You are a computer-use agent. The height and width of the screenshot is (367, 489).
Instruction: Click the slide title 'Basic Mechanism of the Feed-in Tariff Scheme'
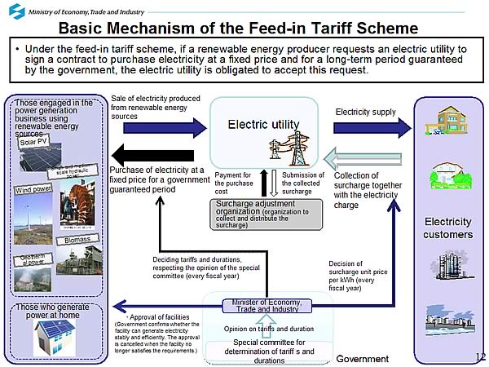pos(244,28)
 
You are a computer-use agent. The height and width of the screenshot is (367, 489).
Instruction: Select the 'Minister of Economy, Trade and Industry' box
pos(267,307)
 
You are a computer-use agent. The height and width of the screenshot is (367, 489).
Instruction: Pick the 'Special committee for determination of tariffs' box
pos(269,352)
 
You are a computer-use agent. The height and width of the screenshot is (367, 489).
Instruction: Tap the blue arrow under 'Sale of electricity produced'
pos(155,126)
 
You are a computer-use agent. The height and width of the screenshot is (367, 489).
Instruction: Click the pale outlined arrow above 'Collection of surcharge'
pos(363,159)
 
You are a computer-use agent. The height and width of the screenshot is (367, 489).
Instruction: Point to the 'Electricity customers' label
pos(449,228)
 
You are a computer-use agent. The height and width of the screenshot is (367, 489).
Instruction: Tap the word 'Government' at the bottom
pos(363,359)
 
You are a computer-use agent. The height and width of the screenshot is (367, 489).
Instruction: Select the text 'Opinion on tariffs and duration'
pos(269,329)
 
